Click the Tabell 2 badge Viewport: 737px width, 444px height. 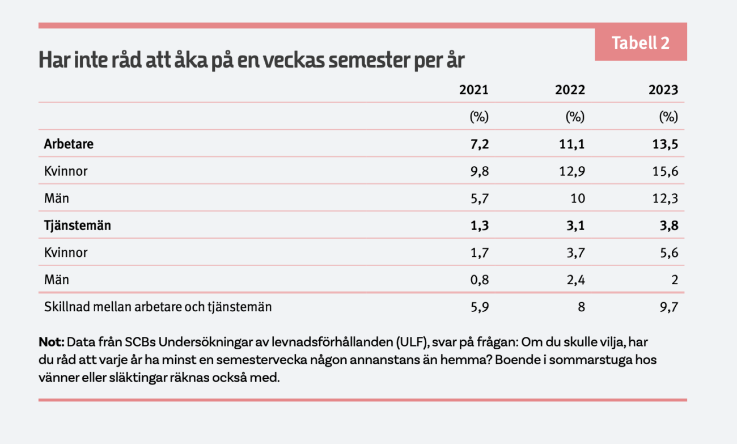pyautogui.click(x=641, y=42)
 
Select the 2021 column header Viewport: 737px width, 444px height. pyautogui.click(x=474, y=90)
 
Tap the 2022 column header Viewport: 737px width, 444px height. pyautogui.click(x=570, y=90)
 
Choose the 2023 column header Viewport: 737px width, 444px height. pyautogui.click(x=663, y=90)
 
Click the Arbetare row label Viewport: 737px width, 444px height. pyautogui.click(x=69, y=144)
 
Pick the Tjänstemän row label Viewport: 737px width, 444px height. pyautogui.click(x=77, y=226)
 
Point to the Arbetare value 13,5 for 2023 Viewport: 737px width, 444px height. pyautogui.click(x=665, y=144)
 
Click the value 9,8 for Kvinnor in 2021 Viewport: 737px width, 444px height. pyautogui.click(x=480, y=171)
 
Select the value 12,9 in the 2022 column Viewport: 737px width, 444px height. pyautogui.click(x=572, y=171)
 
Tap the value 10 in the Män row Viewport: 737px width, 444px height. pyautogui.click(x=578, y=198)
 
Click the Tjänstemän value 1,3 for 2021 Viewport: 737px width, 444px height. pyautogui.click(x=480, y=226)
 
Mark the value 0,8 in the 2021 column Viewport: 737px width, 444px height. pyautogui.click(x=480, y=280)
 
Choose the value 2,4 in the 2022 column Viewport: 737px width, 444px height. pyautogui.click(x=576, y=280)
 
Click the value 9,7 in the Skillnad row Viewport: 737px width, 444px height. pyautogui.click(x=669, y=307)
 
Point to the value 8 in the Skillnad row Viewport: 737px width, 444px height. pyautogui.click(x=581, y=307)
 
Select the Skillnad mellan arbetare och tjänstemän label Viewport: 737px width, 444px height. pyautogui.click(x=158, y=307)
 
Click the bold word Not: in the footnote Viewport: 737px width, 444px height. pyautogui.click(x=52, y=342)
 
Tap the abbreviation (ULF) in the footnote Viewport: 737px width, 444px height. pyautogui.click(x=413, y=342)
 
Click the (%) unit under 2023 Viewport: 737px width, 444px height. pyautogui.click(x=668, y=117)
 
